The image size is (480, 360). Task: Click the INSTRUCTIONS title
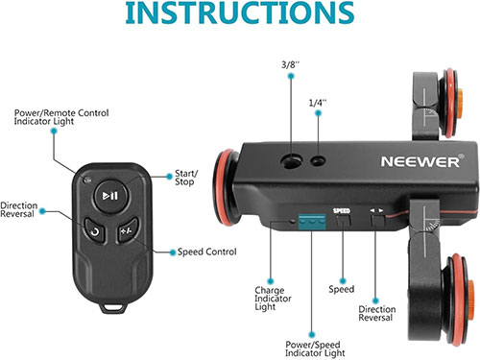click(x=240, y=12)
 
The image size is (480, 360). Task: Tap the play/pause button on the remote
click(x=111, y=196)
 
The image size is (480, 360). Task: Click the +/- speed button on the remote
click(x=127, y=229)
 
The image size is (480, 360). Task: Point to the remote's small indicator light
click(x=86, y=180)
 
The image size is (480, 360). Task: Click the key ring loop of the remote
click(x=113, y=307)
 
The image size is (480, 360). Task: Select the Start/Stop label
click(x=186, y=178)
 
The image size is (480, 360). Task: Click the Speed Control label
click(x=207, y=252)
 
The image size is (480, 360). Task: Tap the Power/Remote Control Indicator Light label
click(x=61, y=117)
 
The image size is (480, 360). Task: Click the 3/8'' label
click(x=290, y=64)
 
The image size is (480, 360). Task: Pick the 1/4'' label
click(x=318, y=103)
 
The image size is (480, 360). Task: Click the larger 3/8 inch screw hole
click(x=292, y=160)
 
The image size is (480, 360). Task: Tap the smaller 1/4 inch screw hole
click(x=318, y=160)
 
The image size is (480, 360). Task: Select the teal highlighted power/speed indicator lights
click(x=312, y=222)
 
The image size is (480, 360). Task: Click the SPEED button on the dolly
click(x=344, y=221)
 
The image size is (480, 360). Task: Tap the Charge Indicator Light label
click(x=273, y=299)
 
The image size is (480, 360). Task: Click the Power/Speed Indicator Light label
click(x=315, y=348)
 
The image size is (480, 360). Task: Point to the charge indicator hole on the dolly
click(x=292, y=221)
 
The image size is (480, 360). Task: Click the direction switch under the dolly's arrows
click(x=377, y=221)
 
